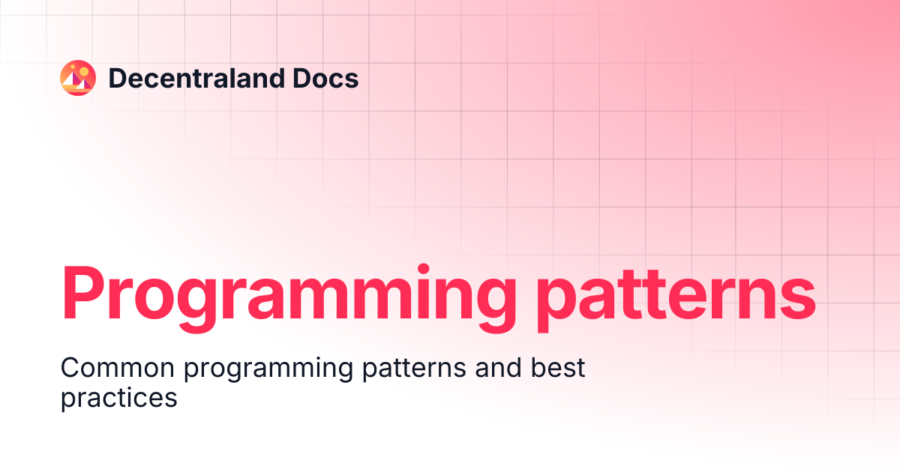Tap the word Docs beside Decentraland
(325, 78)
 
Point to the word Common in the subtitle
(117, 368)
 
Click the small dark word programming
(268, 369)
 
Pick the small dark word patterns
(414, 369)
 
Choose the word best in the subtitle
(558, 368)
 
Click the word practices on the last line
(119, 398)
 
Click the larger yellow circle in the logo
(84, 71)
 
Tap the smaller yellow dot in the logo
(73, 67)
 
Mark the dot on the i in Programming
(424, 269)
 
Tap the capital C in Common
(71, 368)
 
